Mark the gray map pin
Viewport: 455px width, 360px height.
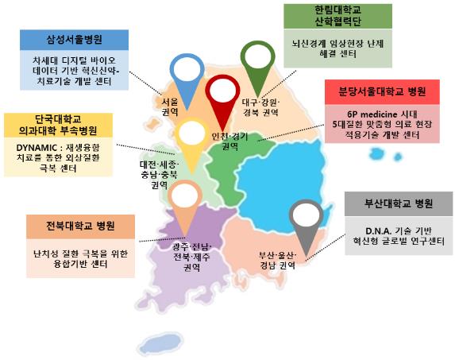pyautogui.click(x=304, y=216)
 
